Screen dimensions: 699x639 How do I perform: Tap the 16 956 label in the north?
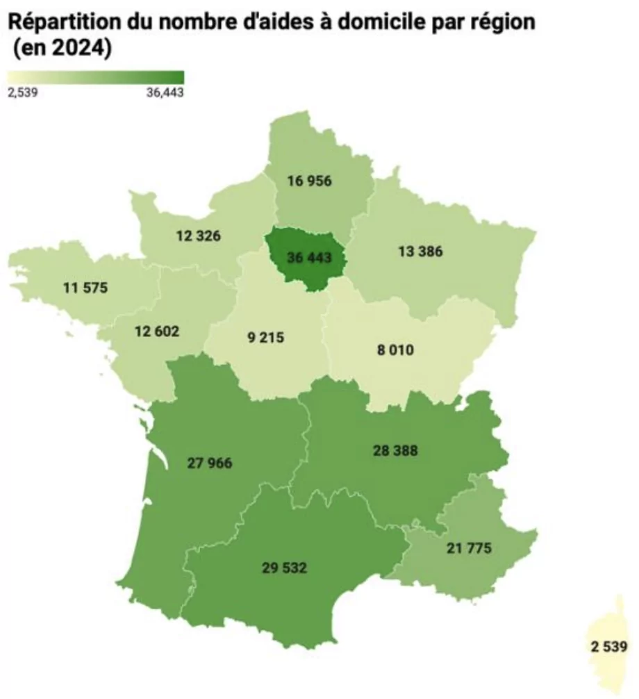(x=309, y=181)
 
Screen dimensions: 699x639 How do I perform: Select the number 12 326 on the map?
(x=199, y=236)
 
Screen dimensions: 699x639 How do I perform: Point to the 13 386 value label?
(x=420, y=251)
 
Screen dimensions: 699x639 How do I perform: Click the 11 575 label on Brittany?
(x=85, y=286)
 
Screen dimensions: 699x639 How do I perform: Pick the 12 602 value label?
(x=156, y=331)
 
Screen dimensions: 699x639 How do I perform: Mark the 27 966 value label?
(x=210, y=463)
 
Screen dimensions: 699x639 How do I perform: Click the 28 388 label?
(x=395, y=450)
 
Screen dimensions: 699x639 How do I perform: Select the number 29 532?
(x=284, y=568)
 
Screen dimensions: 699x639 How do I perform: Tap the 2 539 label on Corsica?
(x=609, y=648)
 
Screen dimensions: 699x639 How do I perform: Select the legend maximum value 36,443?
(x=165, y=93)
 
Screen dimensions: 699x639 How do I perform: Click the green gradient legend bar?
(x=95, y=77)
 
